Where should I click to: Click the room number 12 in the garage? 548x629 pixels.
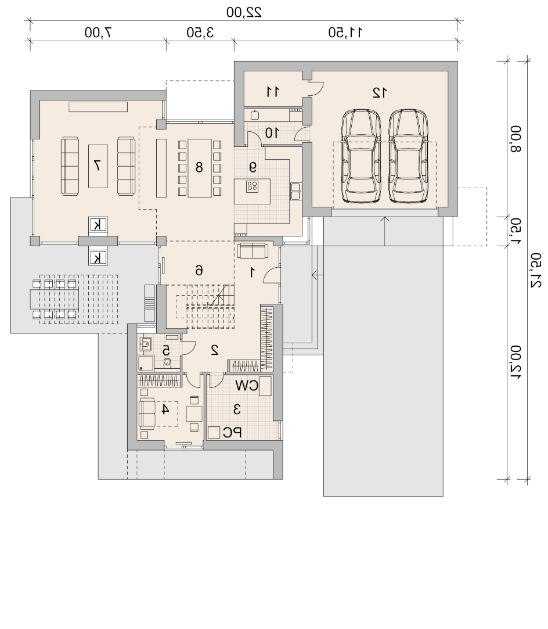coord(380,93)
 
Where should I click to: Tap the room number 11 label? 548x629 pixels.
coord(273,92)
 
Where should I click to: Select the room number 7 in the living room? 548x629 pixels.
coord(98,166)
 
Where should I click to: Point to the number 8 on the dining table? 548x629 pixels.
coord(199,167)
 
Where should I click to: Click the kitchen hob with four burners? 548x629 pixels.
coord(253,186)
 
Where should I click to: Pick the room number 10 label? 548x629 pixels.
coord(272,133)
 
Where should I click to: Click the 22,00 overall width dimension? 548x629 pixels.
coord(244,12)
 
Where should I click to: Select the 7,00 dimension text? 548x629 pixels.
coord(98,33)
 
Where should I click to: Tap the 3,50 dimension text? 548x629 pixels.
coord(200,33)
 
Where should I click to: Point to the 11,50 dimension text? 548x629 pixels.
coord(345,33)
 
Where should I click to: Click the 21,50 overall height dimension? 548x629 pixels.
coord(536,270)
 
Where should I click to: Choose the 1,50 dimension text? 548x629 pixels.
coord(516,231)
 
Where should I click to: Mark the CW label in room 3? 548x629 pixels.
coord(247,386)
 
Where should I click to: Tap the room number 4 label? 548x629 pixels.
coord(165,410)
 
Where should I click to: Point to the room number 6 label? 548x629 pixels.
coord(199,271)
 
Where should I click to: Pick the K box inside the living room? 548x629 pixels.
coord(98,225)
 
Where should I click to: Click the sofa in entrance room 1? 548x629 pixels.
coord(252,251)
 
